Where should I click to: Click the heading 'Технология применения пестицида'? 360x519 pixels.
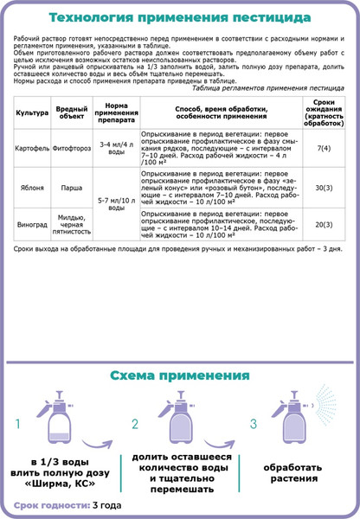pos(180,16)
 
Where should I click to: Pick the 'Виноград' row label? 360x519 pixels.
pos(32,224)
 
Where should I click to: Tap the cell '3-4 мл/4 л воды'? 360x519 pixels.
pos(115,147)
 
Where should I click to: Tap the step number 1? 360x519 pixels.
pos(16,425)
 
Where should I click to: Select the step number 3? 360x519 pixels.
pos(253,425)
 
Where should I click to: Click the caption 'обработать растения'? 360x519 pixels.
pos(292,472)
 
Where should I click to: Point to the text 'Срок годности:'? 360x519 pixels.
pos(51,505)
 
